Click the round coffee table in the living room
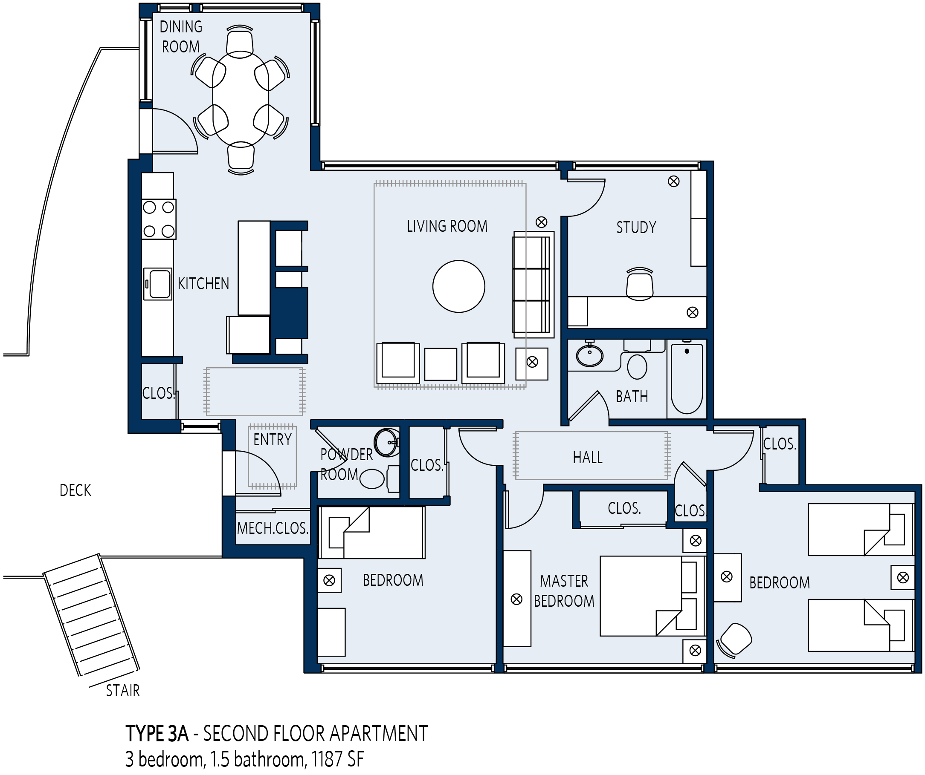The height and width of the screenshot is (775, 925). tap(458, 286)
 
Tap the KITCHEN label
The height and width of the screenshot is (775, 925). tap(203, 284)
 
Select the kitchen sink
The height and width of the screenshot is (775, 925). tap(158, 284)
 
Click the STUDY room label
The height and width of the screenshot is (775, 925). tap(636, 228)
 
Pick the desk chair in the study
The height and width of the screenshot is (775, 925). tap(640, 284)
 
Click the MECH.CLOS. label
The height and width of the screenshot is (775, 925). tap(272, 528)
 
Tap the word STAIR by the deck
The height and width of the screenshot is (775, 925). tap(123, 691)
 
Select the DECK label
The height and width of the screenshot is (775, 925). tap(75, 490)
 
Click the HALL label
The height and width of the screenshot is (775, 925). tap(588, 458)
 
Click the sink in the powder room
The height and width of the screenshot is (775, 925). tap(386, 442)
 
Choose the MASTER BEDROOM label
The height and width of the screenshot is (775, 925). tap(564, 591)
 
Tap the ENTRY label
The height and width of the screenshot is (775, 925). tap(272, 440)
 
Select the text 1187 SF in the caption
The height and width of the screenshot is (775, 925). tap(338, 759)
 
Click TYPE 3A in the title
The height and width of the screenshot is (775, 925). tap(157, 734)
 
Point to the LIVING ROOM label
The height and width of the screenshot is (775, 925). tap(447, 226)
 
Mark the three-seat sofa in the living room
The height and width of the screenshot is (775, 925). tap(533, 285)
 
